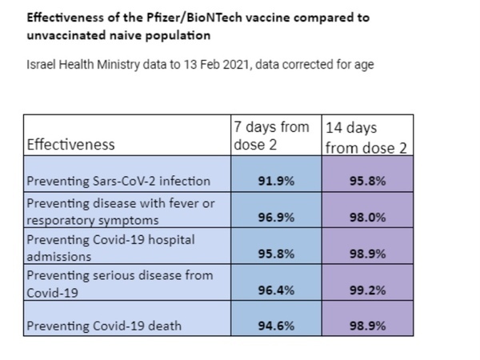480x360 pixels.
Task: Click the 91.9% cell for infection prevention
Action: coord(276,181)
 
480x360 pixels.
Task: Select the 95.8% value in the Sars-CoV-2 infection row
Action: coord(368,181)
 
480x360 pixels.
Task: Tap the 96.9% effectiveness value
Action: coord(276,218)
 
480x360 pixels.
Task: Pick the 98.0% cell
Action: coord(368,218)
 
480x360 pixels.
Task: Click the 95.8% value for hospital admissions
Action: coord(276,254)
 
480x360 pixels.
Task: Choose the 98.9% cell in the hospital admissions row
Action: coord(368,254)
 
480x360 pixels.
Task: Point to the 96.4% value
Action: coord(276,290)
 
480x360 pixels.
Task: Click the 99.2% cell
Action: coord(368,290)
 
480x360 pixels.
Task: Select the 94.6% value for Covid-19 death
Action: coord(276,326)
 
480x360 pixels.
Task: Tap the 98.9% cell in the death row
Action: coord(368,326)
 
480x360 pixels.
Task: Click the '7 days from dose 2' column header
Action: coord(271,136)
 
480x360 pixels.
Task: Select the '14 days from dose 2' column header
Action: coord(366,138)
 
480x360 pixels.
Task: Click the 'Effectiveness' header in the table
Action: coord(70,145)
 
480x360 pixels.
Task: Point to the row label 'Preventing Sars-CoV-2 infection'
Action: coord(118,181)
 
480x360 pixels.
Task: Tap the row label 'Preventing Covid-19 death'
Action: coord(104,326)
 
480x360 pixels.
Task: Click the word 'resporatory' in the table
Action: coord(61,221)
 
